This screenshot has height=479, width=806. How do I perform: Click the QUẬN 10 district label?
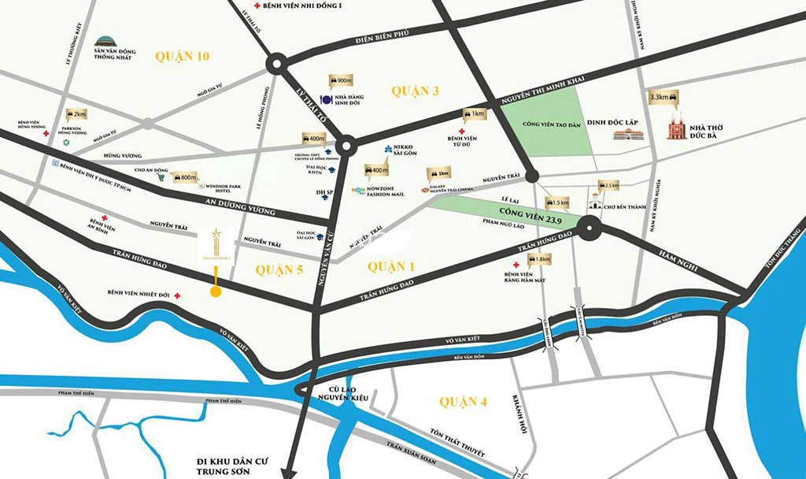182,56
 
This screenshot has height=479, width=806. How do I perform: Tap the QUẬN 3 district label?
415,91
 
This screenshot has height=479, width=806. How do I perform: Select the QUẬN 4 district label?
464,403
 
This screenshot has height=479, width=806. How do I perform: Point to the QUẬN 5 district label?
279,269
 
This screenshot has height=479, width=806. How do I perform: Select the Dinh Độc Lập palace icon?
629,135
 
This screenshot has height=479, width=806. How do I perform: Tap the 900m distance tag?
343,81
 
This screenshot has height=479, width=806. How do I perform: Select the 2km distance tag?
77,114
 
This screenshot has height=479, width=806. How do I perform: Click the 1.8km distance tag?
540,259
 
